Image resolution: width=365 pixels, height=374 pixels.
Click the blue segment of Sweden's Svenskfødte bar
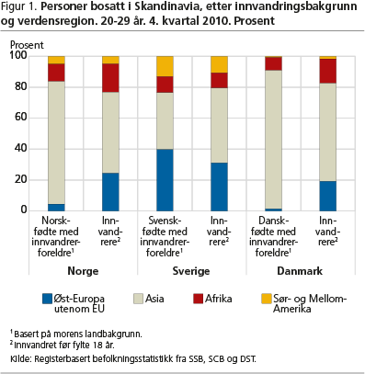coord(165,179)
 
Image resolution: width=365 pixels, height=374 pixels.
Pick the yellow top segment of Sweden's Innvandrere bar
coord(219,63)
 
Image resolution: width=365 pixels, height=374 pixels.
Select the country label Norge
coord(83,271)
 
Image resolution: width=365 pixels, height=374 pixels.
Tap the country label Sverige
coord(191,271)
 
